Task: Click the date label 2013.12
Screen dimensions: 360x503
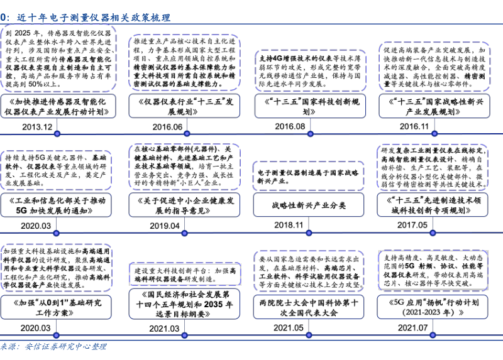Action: pos(37,126)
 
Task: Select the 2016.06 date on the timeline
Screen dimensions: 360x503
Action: pos(167,126)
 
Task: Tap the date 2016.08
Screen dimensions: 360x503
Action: pos(290,126)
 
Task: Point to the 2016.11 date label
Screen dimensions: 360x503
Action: pos(414,126)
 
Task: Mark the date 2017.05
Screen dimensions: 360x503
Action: pos(412,224)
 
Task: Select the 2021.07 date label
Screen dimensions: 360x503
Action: pos(412,327)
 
